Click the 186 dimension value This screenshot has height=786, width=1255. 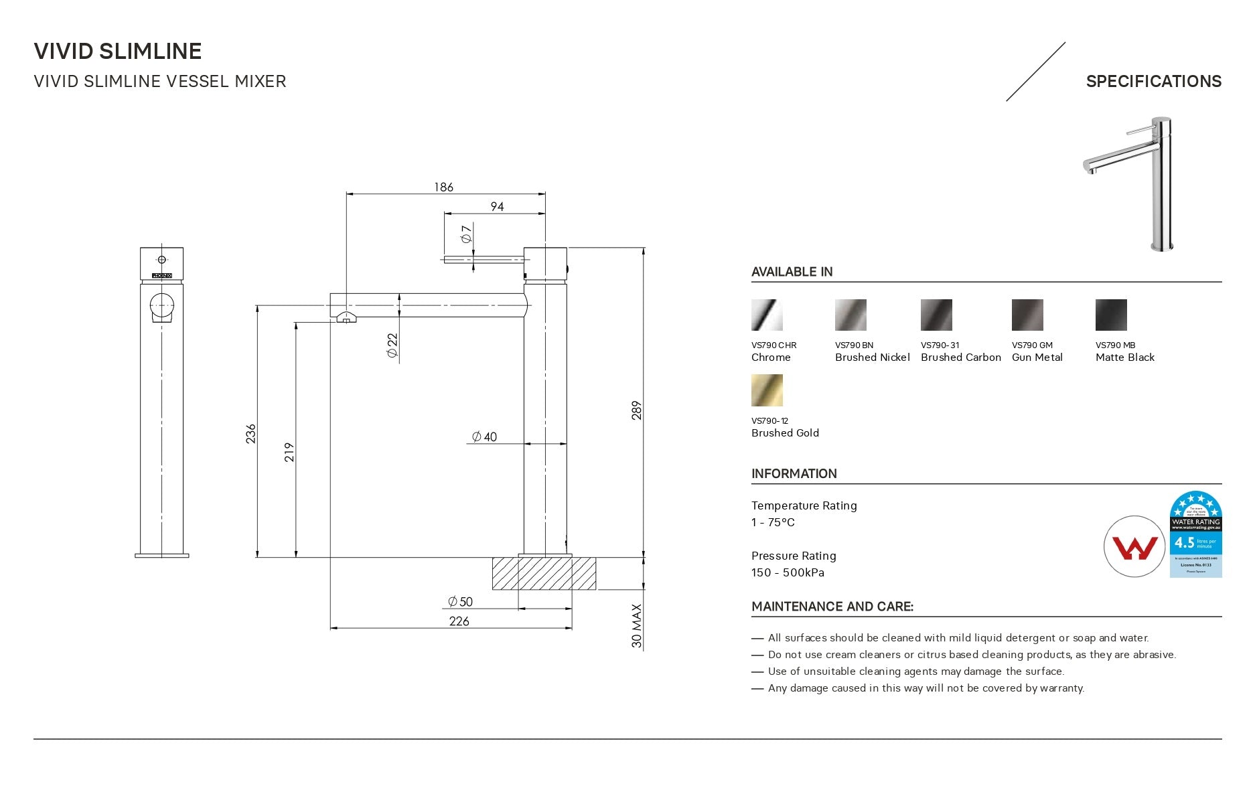click(x=443, y=187)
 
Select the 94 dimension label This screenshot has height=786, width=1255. click(x=497, y=206)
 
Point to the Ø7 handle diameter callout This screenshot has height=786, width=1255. click(x=467, y=234)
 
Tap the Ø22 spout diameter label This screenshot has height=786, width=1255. click(x=392, y=345)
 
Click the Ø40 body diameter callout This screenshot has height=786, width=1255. click(x=484, y=437)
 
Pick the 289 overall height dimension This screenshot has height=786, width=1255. click(x=636, y=410)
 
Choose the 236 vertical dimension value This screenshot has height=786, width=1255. click(x=250, y=433)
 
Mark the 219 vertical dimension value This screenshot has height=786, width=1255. click(x=289, y=452)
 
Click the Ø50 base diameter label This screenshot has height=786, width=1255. click(x=461, y=601)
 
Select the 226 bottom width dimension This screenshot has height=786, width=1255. click(x=459, y=621)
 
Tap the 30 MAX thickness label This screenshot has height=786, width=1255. click(x=636, y=626)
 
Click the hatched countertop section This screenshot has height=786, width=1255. click(x=544, y=574)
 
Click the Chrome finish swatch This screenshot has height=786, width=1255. click(x=767, y=315)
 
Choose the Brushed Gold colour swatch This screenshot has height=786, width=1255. click(x=767, y=390)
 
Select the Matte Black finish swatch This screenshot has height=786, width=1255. click(x=1111, y=315)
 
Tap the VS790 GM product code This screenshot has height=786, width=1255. click(x=1032, y=345)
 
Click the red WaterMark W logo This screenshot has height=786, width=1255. click(x=1134, y=546)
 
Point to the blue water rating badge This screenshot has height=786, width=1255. click(x=1195, y=534)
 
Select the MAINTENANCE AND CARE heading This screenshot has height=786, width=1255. click(x=832, y=607)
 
